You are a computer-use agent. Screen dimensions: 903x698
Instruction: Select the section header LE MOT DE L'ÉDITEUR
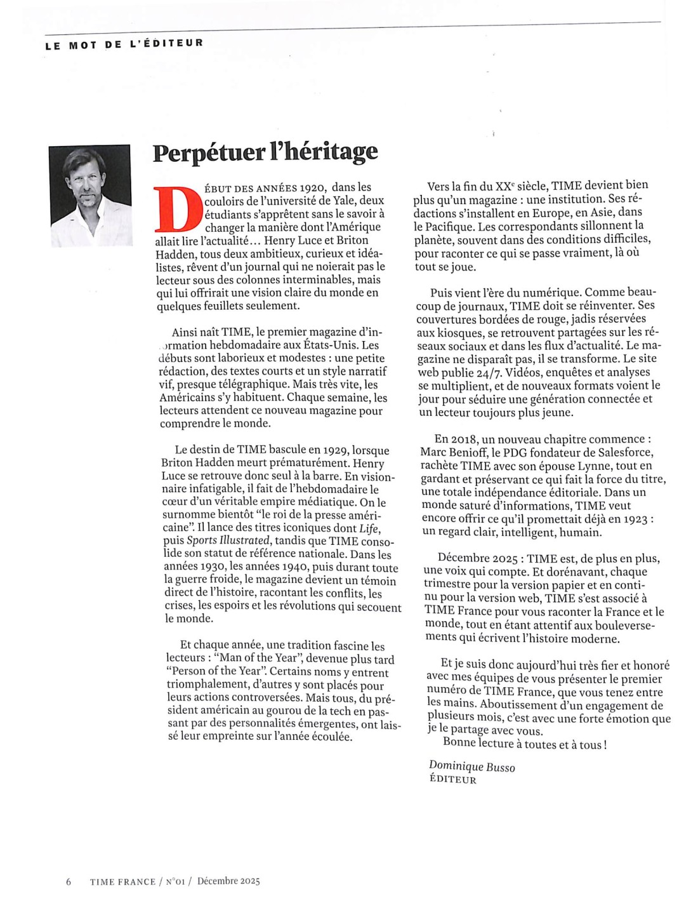tap(124, 44)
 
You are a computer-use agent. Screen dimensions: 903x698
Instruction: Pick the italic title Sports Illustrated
tap(228, 541)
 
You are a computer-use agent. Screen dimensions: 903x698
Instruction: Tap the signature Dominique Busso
tap(471, 766)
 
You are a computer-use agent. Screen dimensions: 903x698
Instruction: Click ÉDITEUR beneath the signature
tap(452, 780)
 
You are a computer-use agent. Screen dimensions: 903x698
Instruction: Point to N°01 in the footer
tap(177, 881)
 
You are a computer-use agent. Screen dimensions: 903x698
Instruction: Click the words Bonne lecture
tap(478, 743)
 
